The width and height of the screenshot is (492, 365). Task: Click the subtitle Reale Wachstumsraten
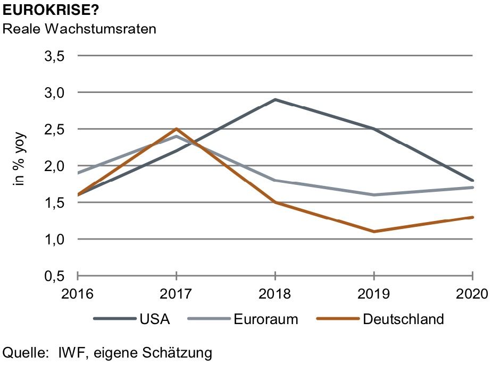tap(79, 29)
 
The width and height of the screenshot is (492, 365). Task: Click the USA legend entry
tap(155, 319)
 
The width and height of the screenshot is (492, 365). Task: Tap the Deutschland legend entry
tap(403, 319)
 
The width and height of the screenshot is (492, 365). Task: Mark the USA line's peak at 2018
tap(275, 99)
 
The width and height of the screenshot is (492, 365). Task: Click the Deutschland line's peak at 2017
tap(176, 129)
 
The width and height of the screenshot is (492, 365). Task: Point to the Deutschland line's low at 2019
tap(374, 232)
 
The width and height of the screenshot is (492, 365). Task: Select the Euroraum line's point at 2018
tap(275, 180)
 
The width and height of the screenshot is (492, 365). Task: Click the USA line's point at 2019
tap(374, 129)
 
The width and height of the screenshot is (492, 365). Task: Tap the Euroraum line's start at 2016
tap(78, 173)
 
